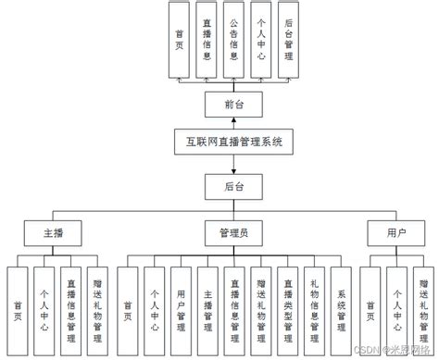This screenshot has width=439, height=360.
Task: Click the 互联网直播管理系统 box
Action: [x=232, y=143]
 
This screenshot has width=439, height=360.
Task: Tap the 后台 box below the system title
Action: [x=232, y=187]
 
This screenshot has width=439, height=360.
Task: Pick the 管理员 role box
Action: [x=233, y=231]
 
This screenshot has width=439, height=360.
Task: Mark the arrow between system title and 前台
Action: [x=232, y=123]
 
